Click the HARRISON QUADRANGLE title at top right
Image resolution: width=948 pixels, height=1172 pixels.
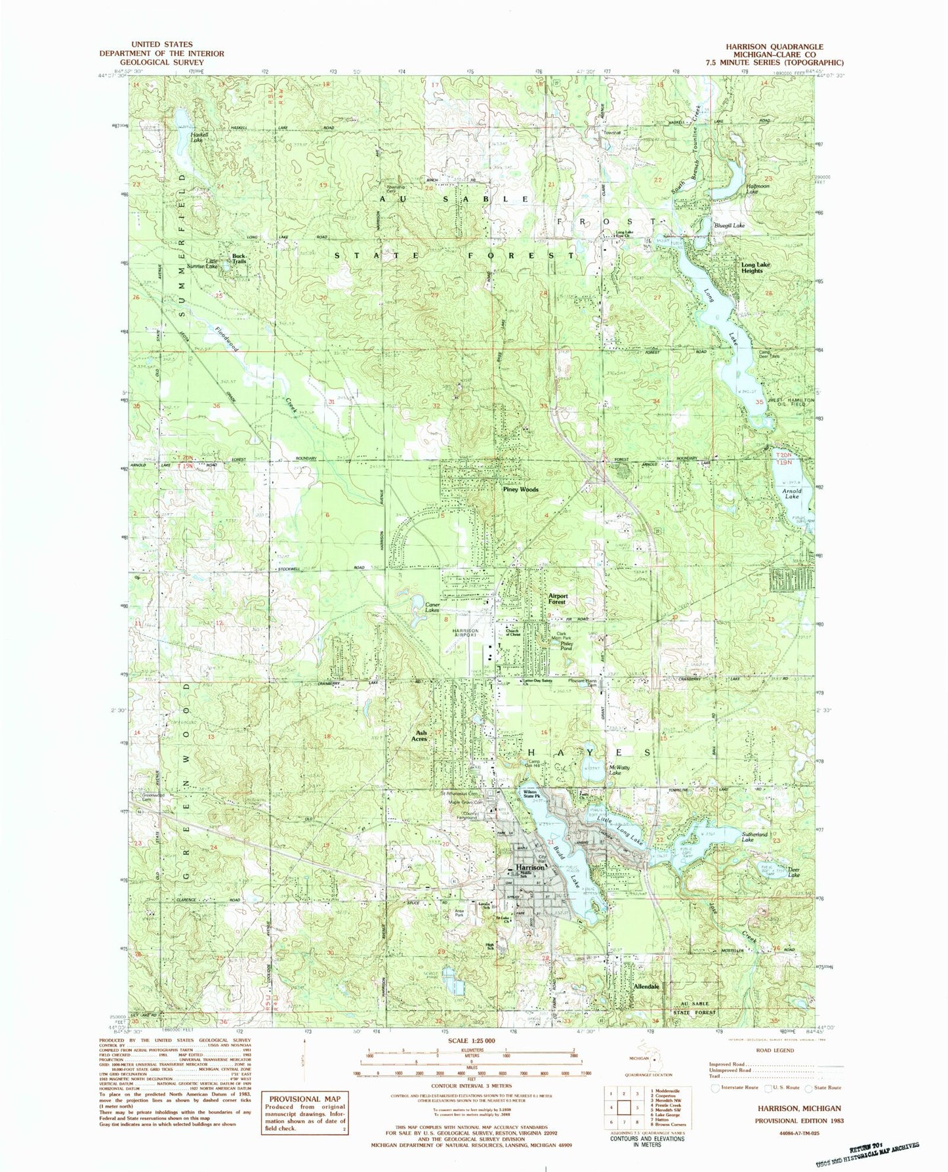[x=773, y=47]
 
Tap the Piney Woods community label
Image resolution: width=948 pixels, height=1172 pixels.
[x=520, y=490]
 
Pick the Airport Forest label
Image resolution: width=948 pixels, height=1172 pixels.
[x=557, y=598]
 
